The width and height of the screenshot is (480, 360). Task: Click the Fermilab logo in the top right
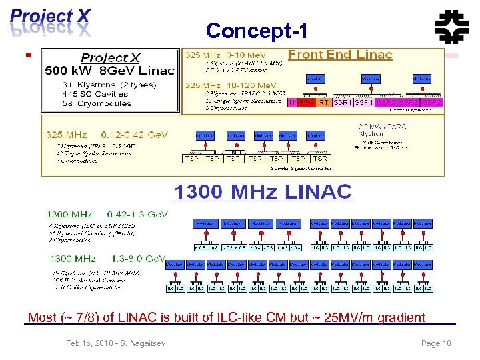click(x=451, y=28)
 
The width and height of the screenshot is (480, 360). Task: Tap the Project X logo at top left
click(x=50, y=21)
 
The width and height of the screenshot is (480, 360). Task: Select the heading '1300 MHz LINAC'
click(x=263, y=192)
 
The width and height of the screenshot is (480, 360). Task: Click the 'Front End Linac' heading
click(x=340, y=55)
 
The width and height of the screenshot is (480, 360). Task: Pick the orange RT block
click(x=323, y=103)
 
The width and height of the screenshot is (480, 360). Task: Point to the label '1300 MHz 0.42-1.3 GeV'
click(x=107, y=215)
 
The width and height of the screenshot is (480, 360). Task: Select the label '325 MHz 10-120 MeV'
click(x=230, y=85)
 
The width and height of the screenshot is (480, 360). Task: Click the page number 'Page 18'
click(x=436, y=343)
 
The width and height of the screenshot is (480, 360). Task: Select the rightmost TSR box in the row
click(x=320, y=159)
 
